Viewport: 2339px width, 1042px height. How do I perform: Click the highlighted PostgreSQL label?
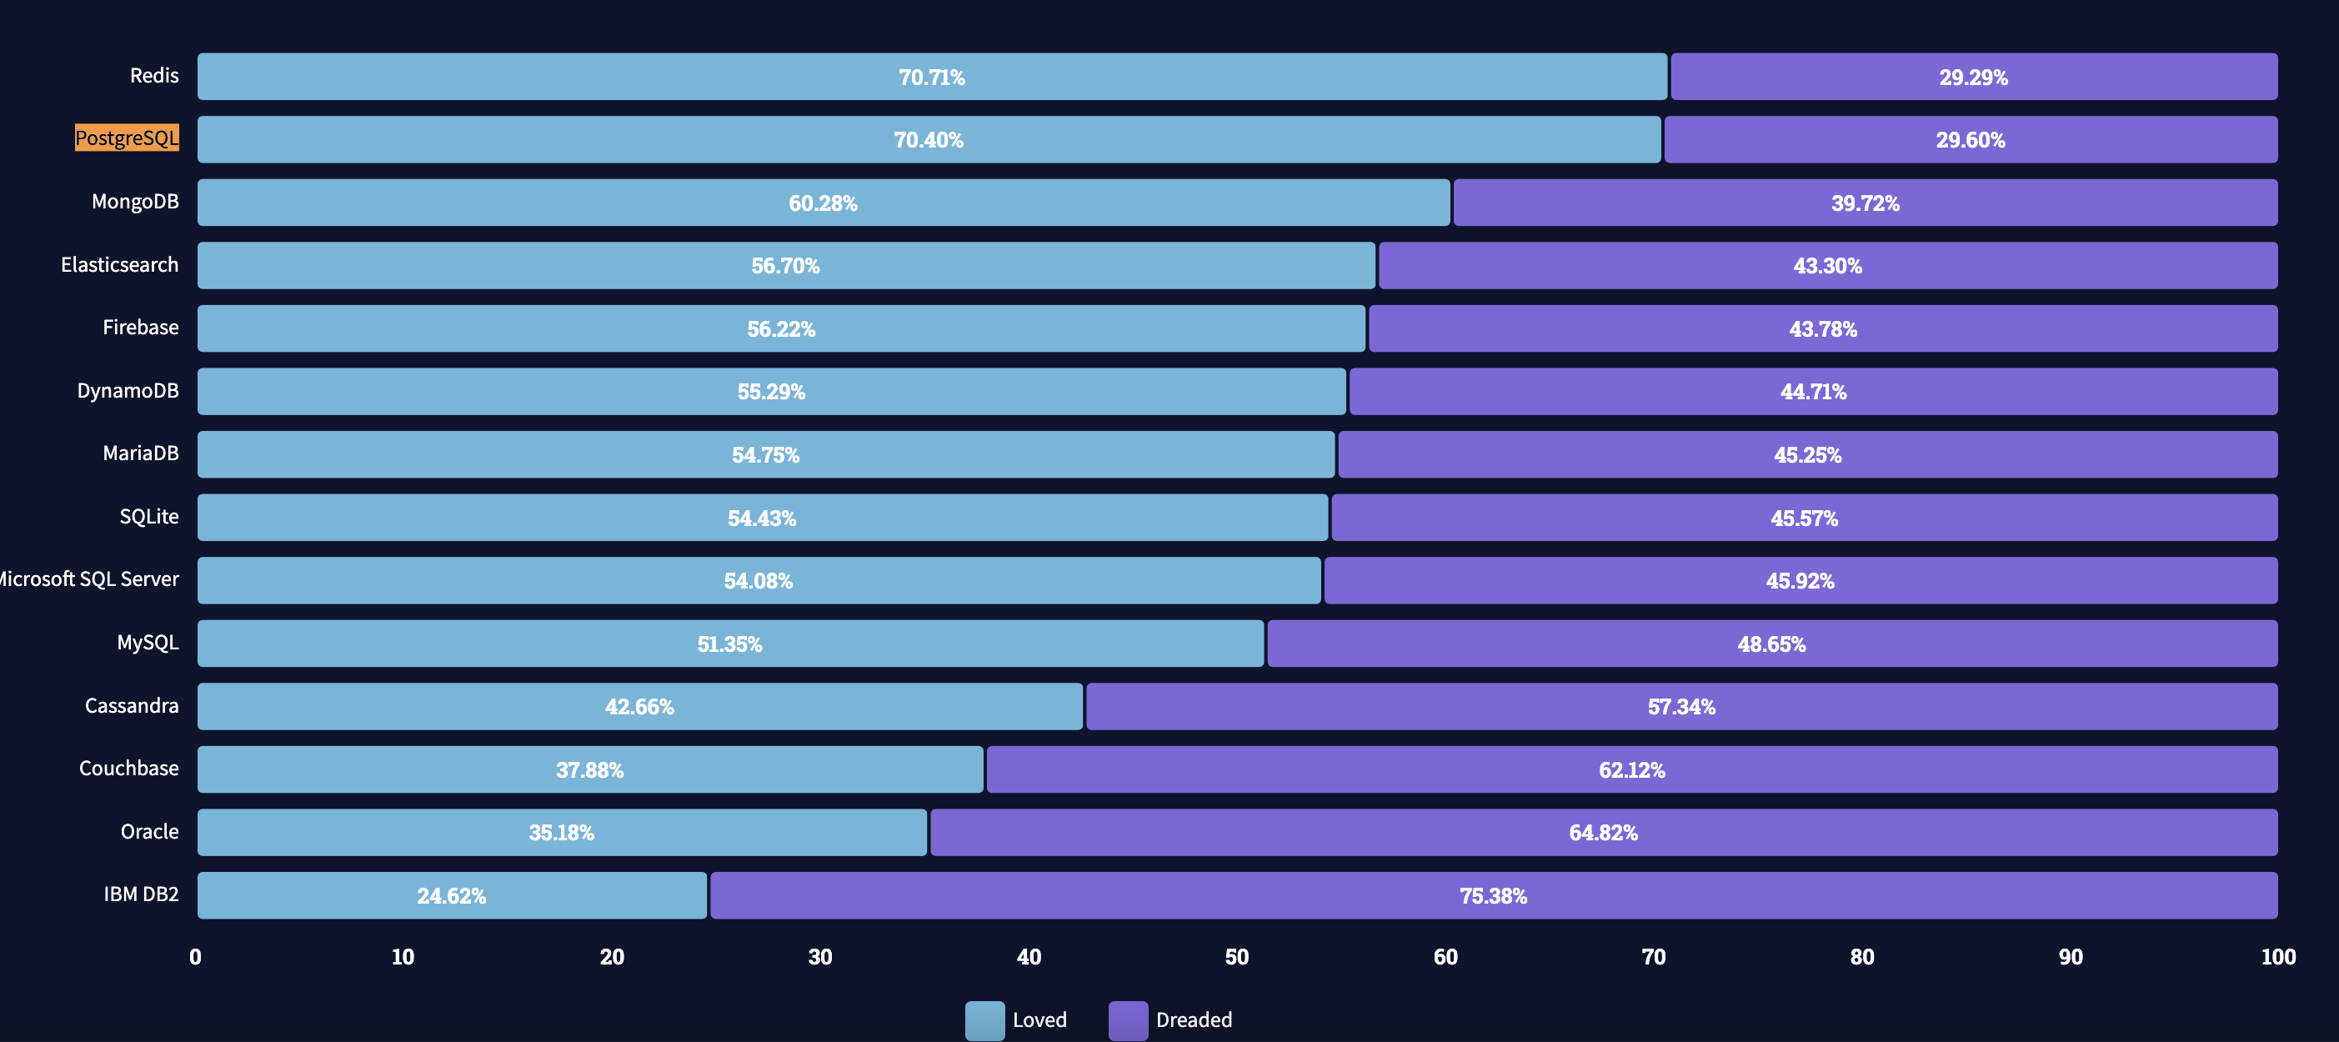point(127,138)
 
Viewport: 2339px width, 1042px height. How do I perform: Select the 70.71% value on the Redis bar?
point(932,78)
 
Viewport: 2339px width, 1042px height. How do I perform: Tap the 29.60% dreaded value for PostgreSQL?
point(1970,140)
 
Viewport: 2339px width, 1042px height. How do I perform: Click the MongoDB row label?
point(134,202)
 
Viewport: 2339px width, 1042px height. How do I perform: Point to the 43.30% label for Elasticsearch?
point(1827,266)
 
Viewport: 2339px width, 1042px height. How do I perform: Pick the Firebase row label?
point(140,328)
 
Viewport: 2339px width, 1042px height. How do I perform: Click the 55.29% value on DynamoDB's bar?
point(771,392)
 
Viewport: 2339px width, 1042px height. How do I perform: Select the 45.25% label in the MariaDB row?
point(1807,455)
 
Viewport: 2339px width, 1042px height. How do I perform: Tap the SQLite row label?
point(149,517)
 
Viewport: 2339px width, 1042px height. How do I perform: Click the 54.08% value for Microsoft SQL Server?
point(759,581)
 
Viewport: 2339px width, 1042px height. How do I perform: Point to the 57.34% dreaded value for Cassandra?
point(1680,707)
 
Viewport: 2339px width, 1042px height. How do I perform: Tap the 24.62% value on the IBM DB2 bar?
point(451,896)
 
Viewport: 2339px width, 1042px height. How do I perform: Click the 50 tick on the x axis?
point(1237,957)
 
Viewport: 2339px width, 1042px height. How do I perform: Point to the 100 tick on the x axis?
point(2277,957)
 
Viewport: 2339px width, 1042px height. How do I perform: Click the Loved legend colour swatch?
point(984,1020)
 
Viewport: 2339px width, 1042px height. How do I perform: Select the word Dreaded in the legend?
point(1193,1020)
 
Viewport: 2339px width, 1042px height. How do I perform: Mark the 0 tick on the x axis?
point(195,957)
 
